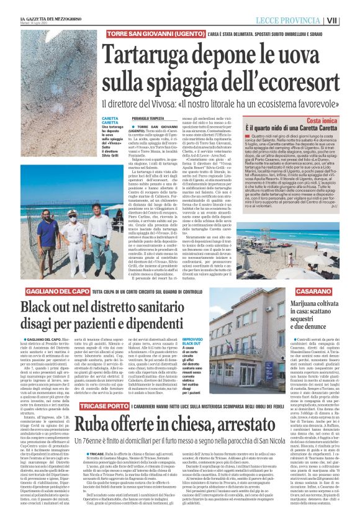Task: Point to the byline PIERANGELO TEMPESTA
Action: [x=147, y=119]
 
